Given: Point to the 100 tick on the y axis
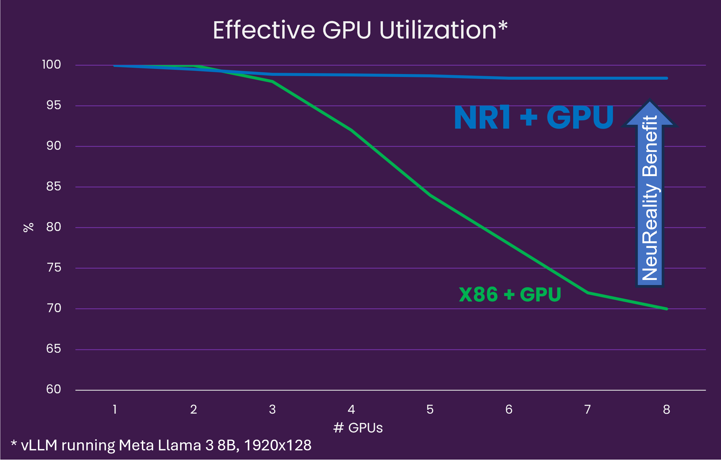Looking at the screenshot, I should click(x=51, y=65).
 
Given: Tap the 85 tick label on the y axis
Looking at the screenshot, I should click(x=53, y=187).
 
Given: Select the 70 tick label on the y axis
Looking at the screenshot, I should click(x=54, y=308).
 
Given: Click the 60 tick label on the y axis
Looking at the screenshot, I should click(x=53, y=389).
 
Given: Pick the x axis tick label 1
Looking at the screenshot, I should click(x=115, y=410).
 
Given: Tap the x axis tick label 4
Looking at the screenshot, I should click(x=351, y=410).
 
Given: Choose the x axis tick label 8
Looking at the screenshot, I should click(x=667, y=410).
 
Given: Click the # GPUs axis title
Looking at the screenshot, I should click(x=358, y=428).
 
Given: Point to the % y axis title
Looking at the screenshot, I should click(x=28, y=227).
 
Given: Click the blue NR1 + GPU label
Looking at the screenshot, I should click(x=534, y=117).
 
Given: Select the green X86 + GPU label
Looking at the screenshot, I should click(x=510, y=294).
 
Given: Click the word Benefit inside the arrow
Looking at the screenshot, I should click(x=650, y=146).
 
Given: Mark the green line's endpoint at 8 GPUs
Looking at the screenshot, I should click(x=667, y=309).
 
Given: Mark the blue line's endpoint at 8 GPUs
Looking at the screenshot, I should click(x=667, y=78).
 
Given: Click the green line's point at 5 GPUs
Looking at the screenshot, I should click(x=430, y=195).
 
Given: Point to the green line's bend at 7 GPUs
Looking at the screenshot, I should click(x=588, y=292).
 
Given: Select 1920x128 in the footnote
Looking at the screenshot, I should click(x=277, y=445).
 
